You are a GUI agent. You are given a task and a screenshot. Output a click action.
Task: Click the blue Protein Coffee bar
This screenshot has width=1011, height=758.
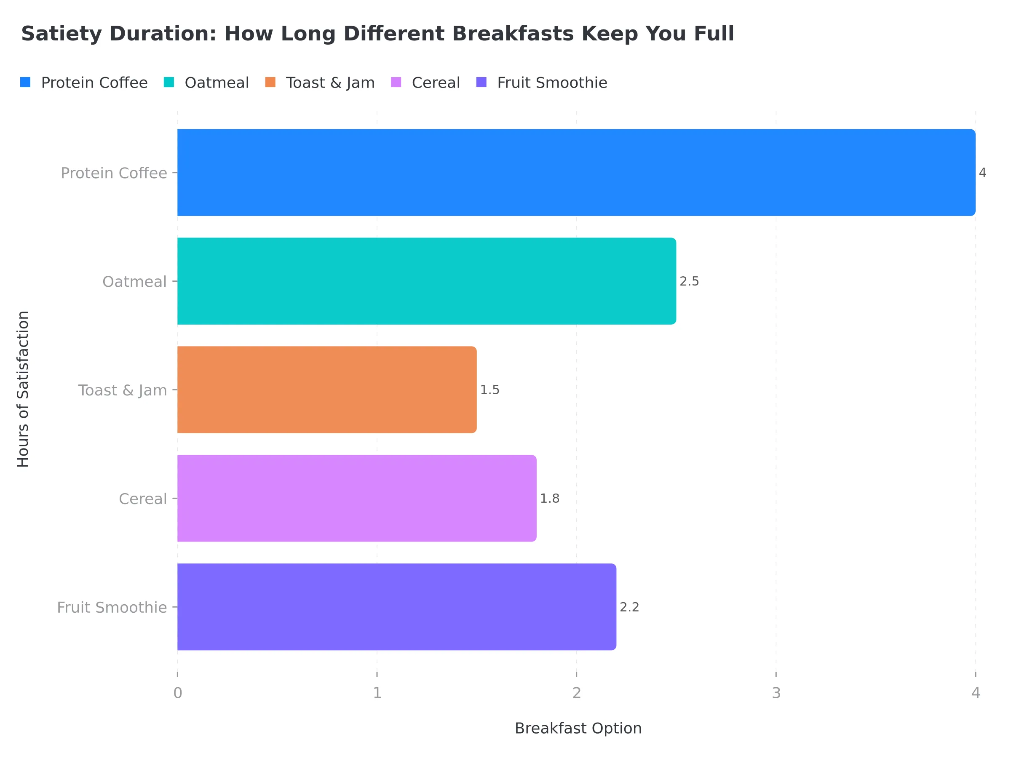click(576, 173)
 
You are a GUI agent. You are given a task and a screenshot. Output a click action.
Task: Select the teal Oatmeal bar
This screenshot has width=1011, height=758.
click(426, 281)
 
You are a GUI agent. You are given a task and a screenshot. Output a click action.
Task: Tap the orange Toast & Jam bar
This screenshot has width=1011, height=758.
click(327, 390)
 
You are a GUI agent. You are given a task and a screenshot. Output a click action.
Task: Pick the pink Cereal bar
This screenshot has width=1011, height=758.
click(356, 498)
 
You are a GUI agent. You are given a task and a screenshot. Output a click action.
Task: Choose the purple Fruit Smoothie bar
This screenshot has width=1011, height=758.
click(396, 607)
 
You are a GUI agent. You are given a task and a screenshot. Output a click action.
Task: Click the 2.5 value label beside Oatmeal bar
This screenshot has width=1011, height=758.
click(689, 281)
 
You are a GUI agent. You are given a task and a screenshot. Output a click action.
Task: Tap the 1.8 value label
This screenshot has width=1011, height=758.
click(549, 499)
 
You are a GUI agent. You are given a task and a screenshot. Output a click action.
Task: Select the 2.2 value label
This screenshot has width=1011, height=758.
click(629, 607)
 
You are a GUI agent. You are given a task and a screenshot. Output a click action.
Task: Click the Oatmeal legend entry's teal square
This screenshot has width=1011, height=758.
click(168, 82)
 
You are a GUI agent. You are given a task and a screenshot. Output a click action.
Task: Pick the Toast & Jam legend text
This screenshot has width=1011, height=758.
click(330, 83)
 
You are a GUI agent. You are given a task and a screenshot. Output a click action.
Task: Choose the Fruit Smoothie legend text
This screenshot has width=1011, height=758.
click(552, 83)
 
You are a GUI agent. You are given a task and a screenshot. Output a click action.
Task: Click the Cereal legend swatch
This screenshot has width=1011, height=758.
click(396, 82)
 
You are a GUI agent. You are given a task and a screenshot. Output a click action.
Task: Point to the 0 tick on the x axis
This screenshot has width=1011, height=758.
click(177, 693)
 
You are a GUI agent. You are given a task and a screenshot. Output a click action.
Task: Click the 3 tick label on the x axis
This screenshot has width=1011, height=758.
click(776, 693)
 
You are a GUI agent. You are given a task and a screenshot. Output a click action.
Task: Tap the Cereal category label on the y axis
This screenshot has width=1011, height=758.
click(143, 499)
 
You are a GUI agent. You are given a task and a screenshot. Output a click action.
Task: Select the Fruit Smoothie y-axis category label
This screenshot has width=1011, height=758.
click(112, 607)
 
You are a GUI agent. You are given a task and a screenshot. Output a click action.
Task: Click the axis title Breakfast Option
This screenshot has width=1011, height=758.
click(578, 728)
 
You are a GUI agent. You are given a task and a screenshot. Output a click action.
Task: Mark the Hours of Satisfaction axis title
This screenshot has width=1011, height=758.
click(23, 389)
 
